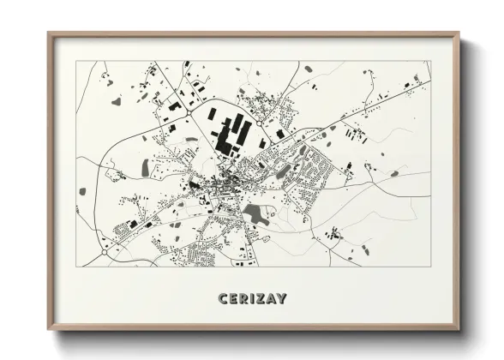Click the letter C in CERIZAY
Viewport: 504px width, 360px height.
223,298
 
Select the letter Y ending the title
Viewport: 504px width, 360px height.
282,298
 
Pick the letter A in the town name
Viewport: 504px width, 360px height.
270,298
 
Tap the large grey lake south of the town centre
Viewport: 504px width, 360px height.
255,213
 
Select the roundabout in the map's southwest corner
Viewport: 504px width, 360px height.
104,252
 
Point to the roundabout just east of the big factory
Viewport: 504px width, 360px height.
279,134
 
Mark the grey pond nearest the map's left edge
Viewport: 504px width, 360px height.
82,191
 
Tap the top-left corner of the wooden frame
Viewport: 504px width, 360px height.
50,34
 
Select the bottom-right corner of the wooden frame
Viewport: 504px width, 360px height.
457,328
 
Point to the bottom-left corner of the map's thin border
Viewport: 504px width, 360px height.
76,267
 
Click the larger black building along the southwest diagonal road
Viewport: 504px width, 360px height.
133,225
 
